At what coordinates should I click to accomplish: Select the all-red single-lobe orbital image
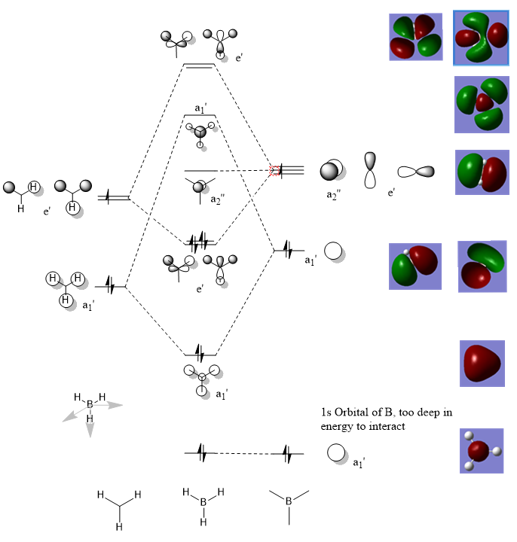482,364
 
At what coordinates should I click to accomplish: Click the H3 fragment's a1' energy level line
110,287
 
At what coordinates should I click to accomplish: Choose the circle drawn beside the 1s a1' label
336,453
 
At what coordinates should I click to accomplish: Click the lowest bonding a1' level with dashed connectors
200,353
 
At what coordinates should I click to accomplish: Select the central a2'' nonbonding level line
200,171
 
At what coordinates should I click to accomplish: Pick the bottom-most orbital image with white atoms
482,451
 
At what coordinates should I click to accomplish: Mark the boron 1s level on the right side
289,454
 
